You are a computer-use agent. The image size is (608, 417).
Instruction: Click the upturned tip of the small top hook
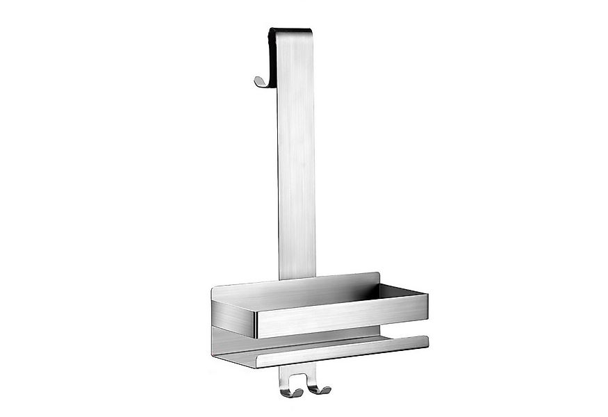[256, 81]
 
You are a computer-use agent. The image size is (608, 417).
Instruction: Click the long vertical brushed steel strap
[297, 160]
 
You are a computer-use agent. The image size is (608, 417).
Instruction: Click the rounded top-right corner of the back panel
[377, 276]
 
